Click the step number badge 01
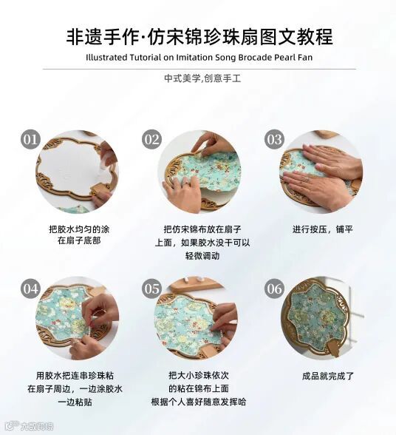[x=30, y=139]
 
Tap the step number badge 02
[x=152, y=139]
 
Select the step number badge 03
[x=274, y=139]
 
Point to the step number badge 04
[x=30, y=289]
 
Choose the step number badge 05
[x=152, y=289]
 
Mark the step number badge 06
[x=274, y=289]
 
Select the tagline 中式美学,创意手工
[x=202, y=78]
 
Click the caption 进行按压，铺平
[x=323, y=229]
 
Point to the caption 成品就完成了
[x=328, y=376]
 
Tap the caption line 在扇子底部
[x=79, y=240]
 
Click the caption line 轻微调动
[x=202, y=255]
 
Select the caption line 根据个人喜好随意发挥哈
[x=199, y=402]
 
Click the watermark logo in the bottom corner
[x=30, y=426]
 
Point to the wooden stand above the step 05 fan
[x=195, y=284]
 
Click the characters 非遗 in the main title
[x=84, y=37]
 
